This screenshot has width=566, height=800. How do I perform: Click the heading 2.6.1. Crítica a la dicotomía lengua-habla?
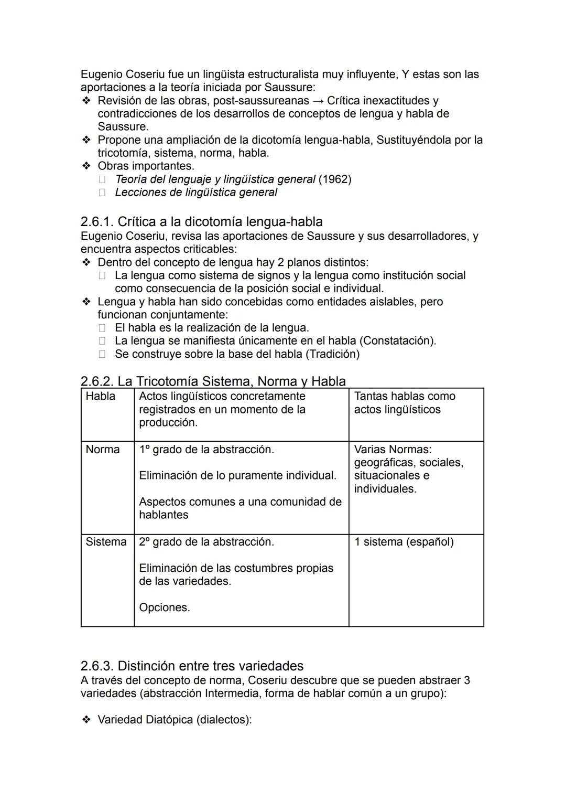(201, 222)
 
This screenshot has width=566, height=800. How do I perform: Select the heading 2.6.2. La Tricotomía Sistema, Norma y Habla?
(213, 381)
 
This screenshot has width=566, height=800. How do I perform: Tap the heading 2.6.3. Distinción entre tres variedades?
(192, 666)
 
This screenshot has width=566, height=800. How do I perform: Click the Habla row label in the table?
(101, 396)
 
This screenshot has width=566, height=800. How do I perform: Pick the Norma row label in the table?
(103, 450)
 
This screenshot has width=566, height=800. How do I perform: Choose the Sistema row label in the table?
(106, 542)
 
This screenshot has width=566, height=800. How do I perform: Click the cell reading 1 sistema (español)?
(404, 542)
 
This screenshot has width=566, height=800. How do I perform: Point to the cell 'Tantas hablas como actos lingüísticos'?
(404, 403)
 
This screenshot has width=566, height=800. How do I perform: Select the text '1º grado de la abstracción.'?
(206, 450)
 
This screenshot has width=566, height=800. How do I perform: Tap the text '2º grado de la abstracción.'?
(206, 542)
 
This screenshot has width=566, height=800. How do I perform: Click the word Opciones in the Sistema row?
(164, 607)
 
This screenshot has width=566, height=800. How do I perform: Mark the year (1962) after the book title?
(335, 179)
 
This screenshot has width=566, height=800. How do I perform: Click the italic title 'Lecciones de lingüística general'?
(196, 193)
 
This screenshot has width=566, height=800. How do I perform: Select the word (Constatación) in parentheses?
(399, 341)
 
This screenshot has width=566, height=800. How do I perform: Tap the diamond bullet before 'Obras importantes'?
(86, 166)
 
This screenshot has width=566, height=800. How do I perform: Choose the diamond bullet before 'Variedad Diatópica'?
(86, 720)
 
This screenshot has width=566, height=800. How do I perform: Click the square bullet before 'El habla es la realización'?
(102, 328)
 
